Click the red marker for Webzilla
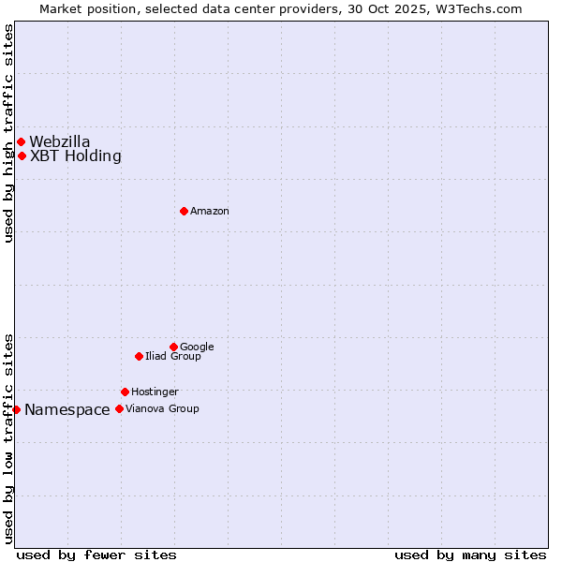(x=21, y=141)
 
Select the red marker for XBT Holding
(x=22, y=155)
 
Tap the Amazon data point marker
(x=184, y=211)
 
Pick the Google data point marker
(x=173, y=347)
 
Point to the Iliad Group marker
(x=139, y=356)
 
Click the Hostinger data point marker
(x=125, y=392)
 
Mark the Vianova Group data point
(x=119, y=408)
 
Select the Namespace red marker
(x=16, y=409)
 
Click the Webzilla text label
(x=60, y=141)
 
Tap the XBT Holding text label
(x=76, y=155)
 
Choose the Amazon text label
(x=210, y=211)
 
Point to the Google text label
(x=197, y=347)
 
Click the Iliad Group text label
(x=173, y=356)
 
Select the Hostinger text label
(x=155, y=392)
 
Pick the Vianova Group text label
(x=162, y=408)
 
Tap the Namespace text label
(x=67, y=409)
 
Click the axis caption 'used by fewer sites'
(x=96, y=555)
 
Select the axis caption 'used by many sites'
(x=470, y=555)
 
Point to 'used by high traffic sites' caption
(x=8, y=133)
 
